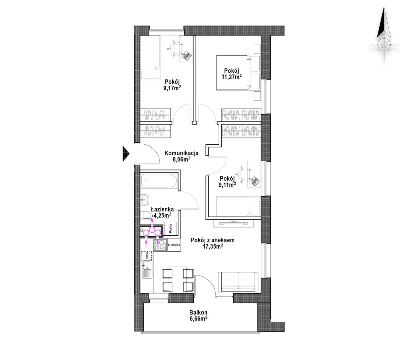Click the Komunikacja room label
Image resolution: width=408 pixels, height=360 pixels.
coord(181,153)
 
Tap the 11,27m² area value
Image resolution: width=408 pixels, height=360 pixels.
coord(232,77)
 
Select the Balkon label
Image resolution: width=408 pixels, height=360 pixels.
coord(198,312)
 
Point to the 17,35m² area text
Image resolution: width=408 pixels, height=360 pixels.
coord(213,246)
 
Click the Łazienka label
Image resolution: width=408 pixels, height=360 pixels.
coord(162,209)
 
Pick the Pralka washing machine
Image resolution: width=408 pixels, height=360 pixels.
coord(170,228)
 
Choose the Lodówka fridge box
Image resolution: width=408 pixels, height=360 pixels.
coord(174,245)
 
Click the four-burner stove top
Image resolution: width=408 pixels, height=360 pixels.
coord(160,245)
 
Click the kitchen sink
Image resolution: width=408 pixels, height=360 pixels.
coord(147,269)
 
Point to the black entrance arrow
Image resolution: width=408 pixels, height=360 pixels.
coord(126,154)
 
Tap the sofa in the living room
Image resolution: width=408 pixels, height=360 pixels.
coord(238,282)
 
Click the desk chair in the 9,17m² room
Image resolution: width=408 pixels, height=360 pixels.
coord(175,49)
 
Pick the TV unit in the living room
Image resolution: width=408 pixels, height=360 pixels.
coord(233,223)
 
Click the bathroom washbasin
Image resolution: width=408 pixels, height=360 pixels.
coord(144,200)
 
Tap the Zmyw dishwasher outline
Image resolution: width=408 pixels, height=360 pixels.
coord(147,255)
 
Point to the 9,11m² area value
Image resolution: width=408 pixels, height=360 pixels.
coord(227,184)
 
